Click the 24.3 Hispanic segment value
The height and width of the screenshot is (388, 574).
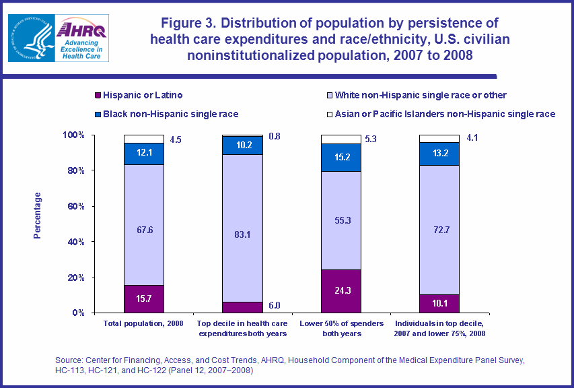click(340, 292)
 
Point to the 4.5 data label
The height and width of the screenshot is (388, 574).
click(176, 141)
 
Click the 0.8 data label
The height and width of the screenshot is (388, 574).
click(275, 137)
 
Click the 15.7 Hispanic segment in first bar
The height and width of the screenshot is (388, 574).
click(144, 298)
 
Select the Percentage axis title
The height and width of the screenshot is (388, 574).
click(38, 216)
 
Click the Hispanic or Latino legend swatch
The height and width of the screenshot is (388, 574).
click(98, 96)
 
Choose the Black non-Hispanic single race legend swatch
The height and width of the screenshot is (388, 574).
click(98, 114)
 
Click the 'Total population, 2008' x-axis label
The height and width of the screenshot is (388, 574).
click(143, 324)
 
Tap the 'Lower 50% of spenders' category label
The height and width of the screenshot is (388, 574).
click(340, 324)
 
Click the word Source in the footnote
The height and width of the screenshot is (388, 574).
click(71, 361)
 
